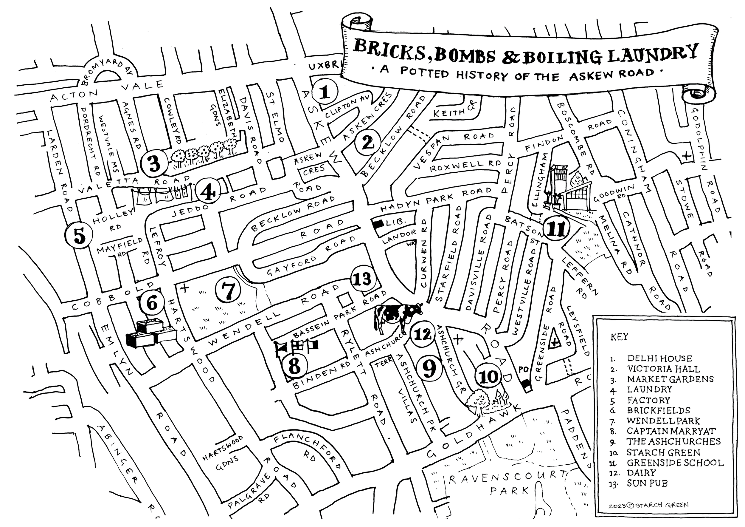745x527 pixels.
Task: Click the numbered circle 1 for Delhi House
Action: coord(325,92)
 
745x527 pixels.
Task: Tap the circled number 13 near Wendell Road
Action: coord(362,279)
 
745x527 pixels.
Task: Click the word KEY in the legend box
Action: coord(619,337)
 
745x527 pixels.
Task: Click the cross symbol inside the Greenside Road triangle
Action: coord(555,341)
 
